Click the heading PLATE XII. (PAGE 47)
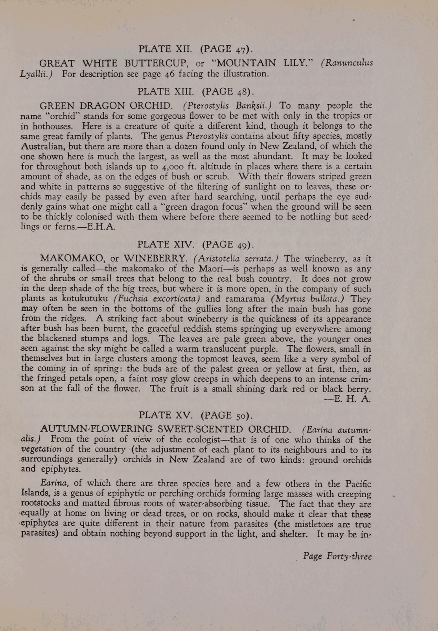click(x=195, y=49)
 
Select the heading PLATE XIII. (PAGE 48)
click(x=195, y=92)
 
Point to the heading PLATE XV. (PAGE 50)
click(x=196, y=415)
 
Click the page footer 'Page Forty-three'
click(x=337, y=556)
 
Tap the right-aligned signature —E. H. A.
click(x=347, y=399)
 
